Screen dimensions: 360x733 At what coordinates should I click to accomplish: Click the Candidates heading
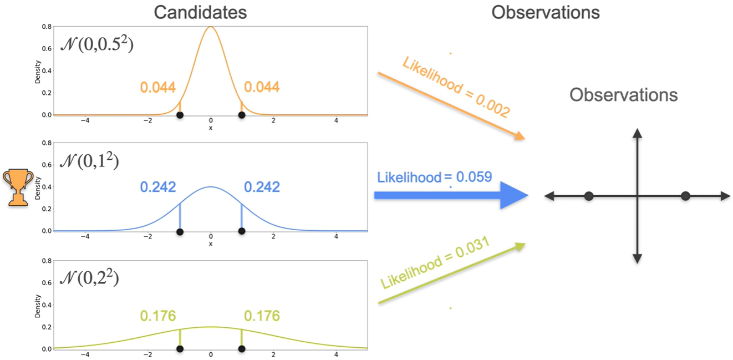pos(200,12)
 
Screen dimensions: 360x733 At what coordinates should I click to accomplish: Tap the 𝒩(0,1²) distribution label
pos(89,161)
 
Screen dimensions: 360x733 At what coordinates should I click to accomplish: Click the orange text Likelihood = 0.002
pos(456,86)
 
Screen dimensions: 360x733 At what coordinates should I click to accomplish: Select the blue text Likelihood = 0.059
pos(434,177)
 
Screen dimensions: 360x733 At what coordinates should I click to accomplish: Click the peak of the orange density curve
pos(211,27)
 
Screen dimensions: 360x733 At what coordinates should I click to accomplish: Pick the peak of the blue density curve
pos(211,187)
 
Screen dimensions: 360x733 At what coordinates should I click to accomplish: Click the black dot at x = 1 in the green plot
pos(241,349)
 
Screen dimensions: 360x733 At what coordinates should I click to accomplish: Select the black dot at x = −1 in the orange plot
pos(180,115)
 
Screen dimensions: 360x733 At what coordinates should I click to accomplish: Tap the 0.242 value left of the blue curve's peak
pos(158,187)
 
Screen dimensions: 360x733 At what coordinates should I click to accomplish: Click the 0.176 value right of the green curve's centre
pos(262,316)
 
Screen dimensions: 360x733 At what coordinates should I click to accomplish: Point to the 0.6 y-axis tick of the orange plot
pos(48,48)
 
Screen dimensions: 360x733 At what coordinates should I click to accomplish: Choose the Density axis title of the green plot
pos(38,305)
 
